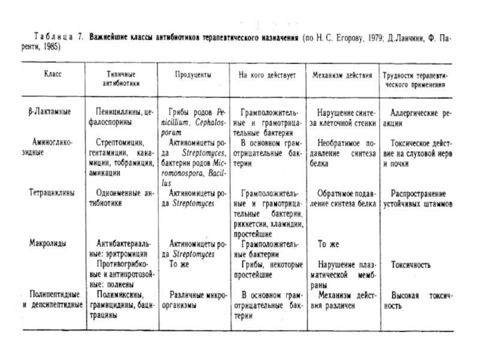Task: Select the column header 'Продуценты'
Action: tap(192, 77)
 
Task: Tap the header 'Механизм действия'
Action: tap(343, 77)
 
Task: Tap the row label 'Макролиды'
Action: tap(47, 244)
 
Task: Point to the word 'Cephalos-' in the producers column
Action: tap(207, 122)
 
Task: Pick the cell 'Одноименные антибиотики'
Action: tap(124, 198)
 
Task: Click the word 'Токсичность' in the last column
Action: tap(411, 264)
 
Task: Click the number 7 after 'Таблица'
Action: tap(81, 37)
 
